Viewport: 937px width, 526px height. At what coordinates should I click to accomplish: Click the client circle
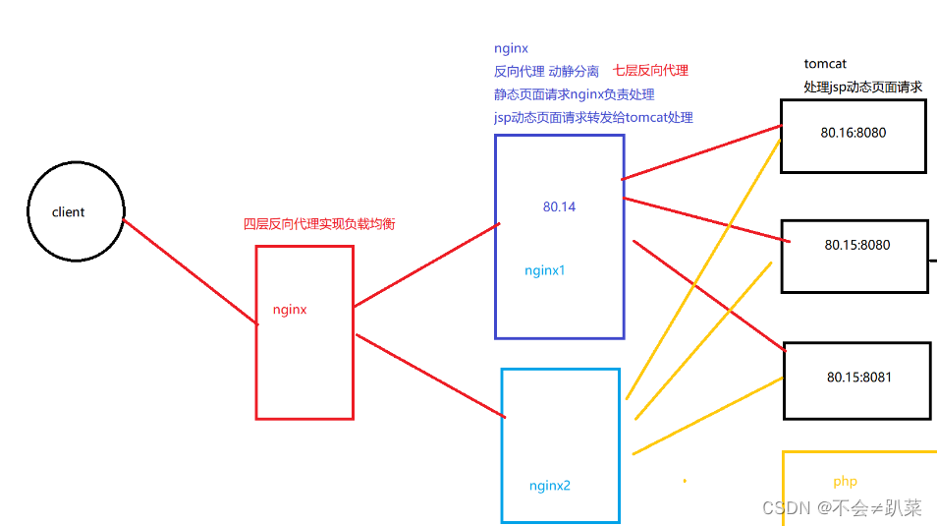click(76, 211)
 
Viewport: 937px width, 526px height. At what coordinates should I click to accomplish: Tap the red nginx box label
click(290, 310)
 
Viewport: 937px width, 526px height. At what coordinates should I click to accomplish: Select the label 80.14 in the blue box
click(559, 207)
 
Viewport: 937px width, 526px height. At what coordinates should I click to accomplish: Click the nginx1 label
click(545, 270)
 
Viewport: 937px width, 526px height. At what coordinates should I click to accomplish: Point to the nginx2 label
click(550, 486)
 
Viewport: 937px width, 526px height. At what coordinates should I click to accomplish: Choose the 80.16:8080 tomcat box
click(853, 135)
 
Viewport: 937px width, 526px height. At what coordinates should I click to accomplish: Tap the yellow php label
click(845, 482)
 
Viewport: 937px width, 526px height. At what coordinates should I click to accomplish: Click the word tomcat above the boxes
click(825, 64)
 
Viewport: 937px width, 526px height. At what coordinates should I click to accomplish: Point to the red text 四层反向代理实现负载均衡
click(319, 224)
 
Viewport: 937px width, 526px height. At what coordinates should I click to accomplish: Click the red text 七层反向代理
click(650, 71)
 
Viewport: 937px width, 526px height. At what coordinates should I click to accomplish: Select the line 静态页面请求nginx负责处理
click(575, 94)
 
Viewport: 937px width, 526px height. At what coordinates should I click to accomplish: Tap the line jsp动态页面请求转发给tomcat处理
click(593, 118)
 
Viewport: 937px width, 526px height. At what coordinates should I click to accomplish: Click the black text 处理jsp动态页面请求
click(862, 88)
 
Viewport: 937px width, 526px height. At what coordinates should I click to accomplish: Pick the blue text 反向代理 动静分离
click(546, 71)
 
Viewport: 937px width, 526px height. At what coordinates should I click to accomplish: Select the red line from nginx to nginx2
click(430, 376)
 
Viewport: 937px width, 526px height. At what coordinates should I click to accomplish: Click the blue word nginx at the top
click(511, 48)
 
